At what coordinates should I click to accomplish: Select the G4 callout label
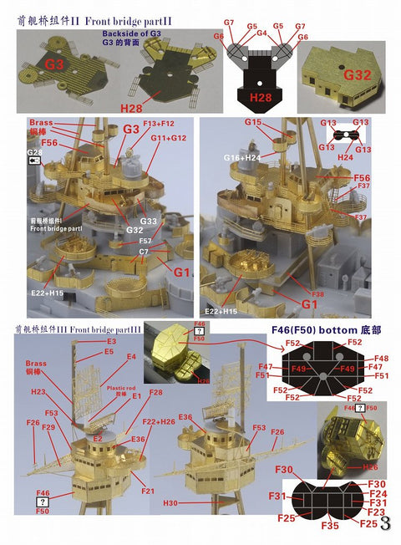tap(261, 33)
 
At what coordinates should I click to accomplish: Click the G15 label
tap(254, 123)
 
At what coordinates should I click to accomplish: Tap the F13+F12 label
tap(160, 123)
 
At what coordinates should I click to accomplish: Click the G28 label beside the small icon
tap(33, 151)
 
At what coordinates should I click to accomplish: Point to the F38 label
tap(317, 294)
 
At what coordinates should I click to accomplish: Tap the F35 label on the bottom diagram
tap(329, 527)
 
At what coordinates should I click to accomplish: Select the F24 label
tap(377, 494)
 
